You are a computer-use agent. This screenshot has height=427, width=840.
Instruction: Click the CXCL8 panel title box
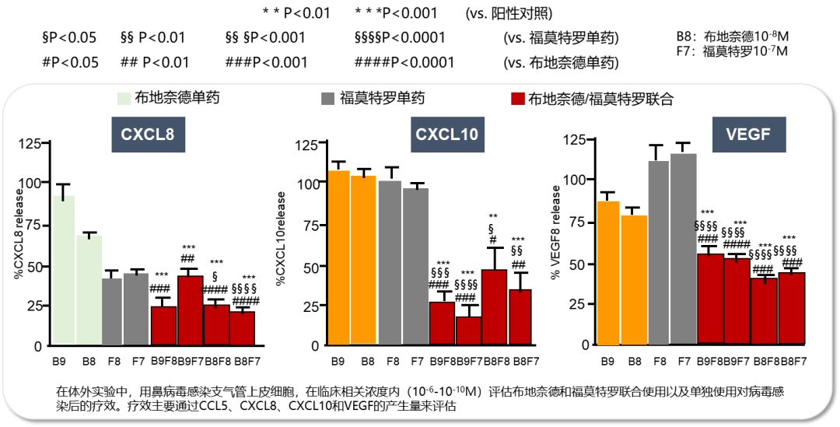pos(148,132)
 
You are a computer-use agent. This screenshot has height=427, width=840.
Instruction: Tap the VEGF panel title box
pos(748,134)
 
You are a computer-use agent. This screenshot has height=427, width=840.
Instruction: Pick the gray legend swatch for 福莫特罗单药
pos(327,99)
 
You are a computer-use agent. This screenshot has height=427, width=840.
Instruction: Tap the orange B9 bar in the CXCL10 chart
pos(338,257)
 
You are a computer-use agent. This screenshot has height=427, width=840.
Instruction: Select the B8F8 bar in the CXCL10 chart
pos(494,306)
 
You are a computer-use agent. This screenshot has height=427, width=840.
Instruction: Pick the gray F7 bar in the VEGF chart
pos(684,249)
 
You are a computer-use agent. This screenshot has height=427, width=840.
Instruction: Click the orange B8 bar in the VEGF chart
pos(634,279)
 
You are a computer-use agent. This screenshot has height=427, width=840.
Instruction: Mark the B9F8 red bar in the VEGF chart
pos(709,299)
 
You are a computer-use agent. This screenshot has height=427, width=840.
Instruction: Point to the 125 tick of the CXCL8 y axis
pos(33,144)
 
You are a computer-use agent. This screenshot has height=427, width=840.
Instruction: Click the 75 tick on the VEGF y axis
pos(579,221)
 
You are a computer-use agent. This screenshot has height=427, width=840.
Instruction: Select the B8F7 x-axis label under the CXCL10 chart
pos(520,361)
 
